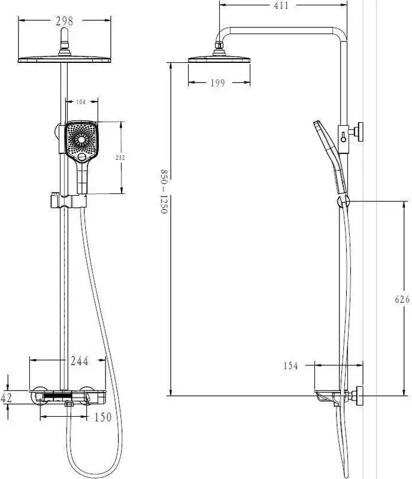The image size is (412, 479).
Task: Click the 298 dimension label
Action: click(x=65, y=21)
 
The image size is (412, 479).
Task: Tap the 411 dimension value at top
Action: click(x=281, y=5)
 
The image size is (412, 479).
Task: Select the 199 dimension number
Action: click(x=217, y=83)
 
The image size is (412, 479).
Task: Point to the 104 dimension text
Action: click(x=81, y=102)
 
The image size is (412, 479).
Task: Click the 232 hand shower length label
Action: click(x=120, y=157)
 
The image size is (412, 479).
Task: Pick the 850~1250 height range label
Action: click(x=164, y=192)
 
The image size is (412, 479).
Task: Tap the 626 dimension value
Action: click(x=402, y=299)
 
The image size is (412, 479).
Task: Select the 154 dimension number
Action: click(x=290, y=366)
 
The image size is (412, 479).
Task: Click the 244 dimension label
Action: click(x=80, y=361)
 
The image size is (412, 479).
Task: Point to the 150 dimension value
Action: click(x=103, y=417)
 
